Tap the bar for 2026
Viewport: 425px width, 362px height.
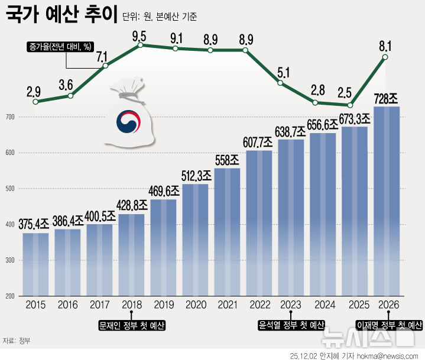tap(386, 201)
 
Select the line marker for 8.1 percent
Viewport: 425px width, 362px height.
tap(385, 57)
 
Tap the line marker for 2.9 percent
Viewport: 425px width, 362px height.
tap(35, 102)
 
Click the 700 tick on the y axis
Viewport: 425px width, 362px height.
tap(10, 118)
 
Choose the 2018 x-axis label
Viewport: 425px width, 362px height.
tap(131, 306)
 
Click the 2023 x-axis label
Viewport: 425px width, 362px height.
tap(290, 306)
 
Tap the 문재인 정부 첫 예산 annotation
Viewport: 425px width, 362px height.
tap(131, 325)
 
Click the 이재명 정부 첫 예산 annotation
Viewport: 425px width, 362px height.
tap(389, 325)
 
